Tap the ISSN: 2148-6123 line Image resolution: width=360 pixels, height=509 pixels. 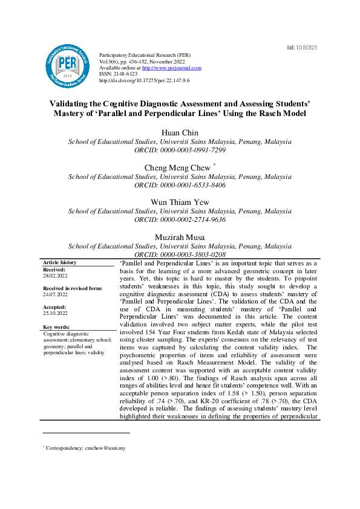119,74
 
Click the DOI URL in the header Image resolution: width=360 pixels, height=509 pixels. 144,80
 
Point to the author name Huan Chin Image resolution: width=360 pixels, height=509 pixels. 180,132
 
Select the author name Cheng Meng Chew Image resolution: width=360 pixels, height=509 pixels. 177,167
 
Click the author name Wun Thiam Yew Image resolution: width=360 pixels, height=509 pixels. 180,203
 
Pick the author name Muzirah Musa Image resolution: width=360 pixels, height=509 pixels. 180,237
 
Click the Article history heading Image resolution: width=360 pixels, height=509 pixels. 60,262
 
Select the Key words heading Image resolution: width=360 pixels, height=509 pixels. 57,327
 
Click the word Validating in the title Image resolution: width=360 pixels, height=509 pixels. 74,103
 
